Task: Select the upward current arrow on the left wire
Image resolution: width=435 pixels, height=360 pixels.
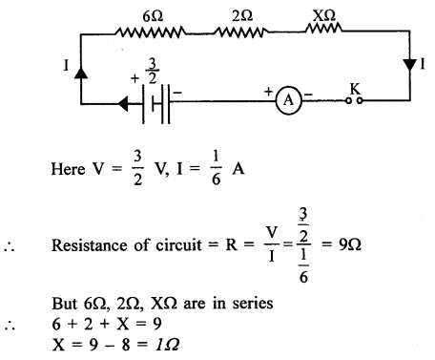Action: tap(81, 72)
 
